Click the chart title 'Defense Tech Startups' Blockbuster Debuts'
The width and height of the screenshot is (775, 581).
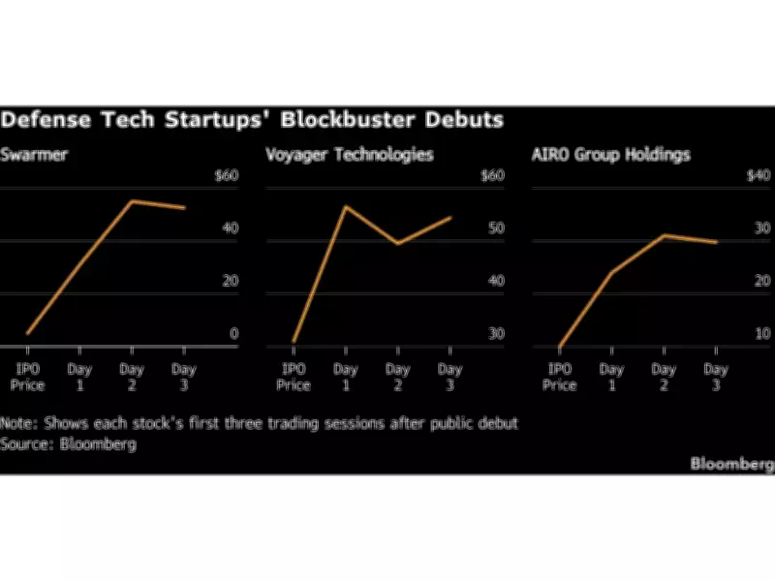tap(252, 121)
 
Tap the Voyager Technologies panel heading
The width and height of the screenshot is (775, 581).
tap(350, 155)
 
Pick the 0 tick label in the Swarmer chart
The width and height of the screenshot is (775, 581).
tap(233, 334)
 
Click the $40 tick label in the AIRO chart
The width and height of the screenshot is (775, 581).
tap(759, 176)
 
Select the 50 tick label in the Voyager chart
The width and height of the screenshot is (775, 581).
tap(496, 229)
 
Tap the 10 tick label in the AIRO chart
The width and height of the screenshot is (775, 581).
tap(761, 334)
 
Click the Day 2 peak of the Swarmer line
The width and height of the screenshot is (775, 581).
tap(132, 201)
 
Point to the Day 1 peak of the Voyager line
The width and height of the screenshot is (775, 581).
tap(345, 206)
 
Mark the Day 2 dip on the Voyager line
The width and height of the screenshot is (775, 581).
tap(397, 243)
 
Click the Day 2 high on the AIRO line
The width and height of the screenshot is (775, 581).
tap(664, 235)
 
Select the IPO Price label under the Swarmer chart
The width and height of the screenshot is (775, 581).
tap(27, 377)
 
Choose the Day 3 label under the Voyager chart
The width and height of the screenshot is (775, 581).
tap(449, 377)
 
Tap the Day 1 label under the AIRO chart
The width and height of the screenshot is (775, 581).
tap(611, 377)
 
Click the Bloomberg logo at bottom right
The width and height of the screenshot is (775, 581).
tap(731, 464)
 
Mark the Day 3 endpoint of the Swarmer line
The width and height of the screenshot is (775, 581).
tap(184, 207)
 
